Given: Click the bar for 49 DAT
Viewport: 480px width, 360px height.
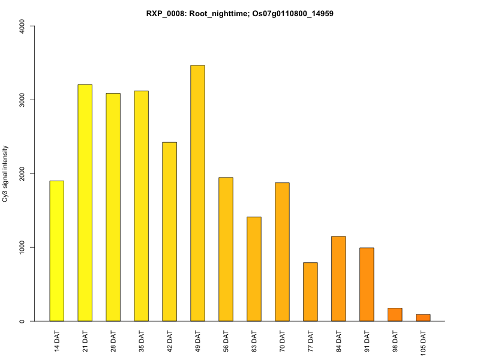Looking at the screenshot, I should click(x=197, y=193).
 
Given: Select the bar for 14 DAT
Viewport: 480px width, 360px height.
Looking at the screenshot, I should click(x=56, y=251).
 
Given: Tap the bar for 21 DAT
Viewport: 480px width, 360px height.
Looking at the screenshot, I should click(x=85, y=203).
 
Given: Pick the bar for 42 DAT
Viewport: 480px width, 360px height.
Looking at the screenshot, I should click(x=169, y=232).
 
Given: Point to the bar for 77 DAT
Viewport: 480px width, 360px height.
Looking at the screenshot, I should click(x=310, y=292).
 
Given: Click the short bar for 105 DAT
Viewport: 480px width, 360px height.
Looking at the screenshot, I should click(x=423, y=317).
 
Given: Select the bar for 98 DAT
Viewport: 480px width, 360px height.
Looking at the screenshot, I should click(x=395, y=314).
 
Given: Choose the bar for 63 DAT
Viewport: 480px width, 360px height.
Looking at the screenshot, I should click(x=254, y=269).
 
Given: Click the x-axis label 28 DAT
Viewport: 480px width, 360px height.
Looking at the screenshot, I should click(x=113, y=340).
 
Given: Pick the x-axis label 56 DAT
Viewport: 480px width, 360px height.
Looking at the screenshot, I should click(x=226, y=340).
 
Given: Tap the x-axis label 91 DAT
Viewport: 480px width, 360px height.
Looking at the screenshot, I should click(x=367, y=340).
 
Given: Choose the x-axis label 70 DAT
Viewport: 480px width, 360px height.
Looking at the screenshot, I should click(x=283, y=340).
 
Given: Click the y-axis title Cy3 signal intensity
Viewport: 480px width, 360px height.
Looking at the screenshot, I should click(x=7, y=173).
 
